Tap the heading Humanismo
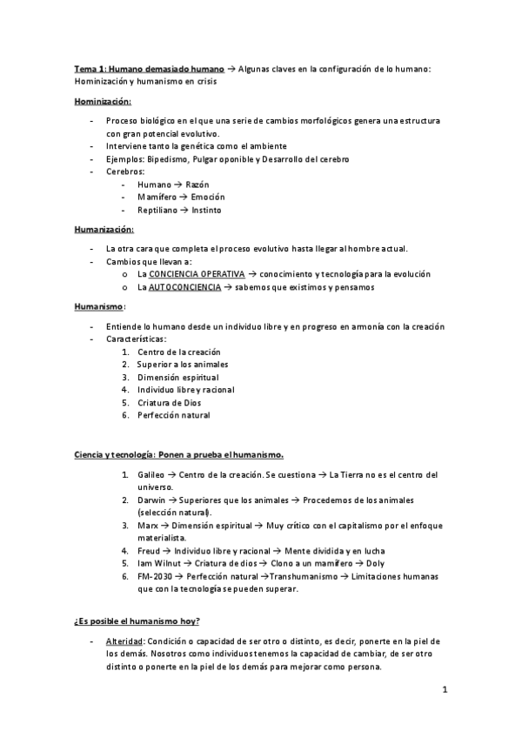(x=98, y=306)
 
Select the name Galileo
(x=151, y=474)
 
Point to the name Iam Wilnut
(x=157, y=564)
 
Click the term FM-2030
(x=154, y=577)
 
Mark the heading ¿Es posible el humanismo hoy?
(x=137, y=620)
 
